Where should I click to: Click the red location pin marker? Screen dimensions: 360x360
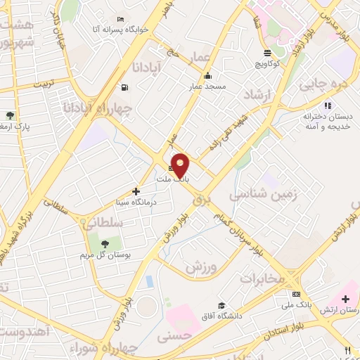coord(181,165)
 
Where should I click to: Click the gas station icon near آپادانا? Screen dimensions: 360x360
coord(124,87)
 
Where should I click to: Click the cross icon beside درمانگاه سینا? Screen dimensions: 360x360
coord(136,191)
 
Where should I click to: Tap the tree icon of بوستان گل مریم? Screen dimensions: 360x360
coord(105,244)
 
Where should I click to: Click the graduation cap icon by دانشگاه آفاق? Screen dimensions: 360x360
coord(221,305)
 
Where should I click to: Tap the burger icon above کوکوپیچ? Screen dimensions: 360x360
coord(267,53)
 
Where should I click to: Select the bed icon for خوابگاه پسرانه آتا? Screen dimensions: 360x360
coord(122,19)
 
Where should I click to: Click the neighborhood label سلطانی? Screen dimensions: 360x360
coord(103,223)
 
